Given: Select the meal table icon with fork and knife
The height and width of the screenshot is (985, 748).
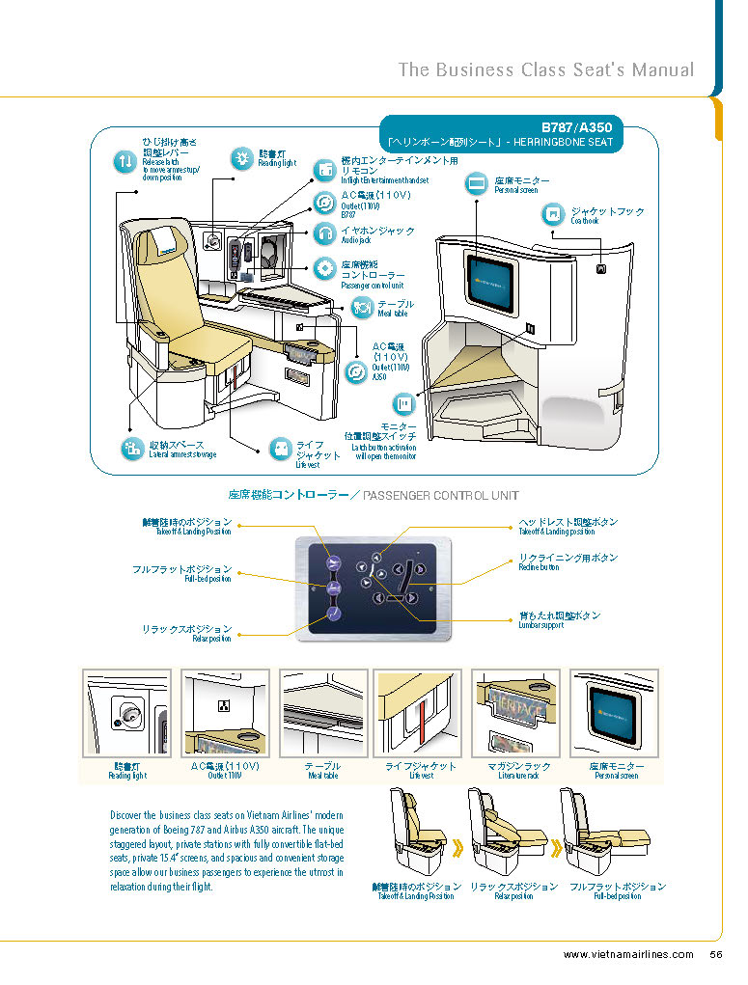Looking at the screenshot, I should click(362, 308).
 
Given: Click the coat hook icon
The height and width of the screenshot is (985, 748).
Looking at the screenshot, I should click(553, 213).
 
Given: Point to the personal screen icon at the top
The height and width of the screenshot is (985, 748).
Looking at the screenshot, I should click(477, 183).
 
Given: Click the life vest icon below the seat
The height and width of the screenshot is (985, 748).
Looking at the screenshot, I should click(279, 450).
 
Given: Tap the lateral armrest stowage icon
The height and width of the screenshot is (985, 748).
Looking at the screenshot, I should click(131, 448).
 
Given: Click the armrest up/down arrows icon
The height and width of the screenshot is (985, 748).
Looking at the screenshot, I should click(126, 162).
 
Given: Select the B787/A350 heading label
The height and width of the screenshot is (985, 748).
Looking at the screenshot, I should click(575, 127).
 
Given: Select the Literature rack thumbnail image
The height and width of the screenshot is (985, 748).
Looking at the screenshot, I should click(515, 714).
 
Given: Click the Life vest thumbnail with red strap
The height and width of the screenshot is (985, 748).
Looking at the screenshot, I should click(418, 714).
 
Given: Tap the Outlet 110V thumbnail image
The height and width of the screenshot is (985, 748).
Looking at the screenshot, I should click(225, 714).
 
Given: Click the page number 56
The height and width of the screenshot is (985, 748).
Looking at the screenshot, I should click(716, 955).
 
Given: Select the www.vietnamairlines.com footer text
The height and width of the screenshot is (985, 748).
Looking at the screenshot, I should click(628, 955).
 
